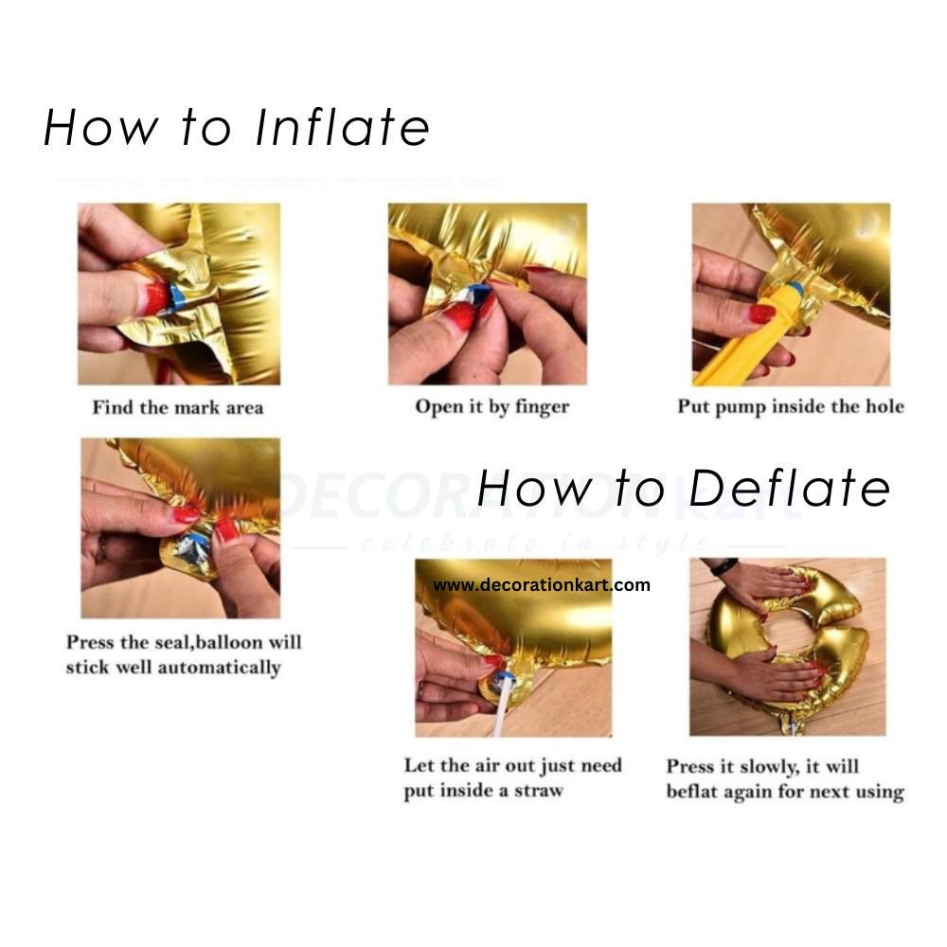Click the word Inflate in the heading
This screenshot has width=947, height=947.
tap(343, 128)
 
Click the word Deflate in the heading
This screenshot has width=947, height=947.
tap(790, 487)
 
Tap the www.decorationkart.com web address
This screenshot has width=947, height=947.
tap(542, 584)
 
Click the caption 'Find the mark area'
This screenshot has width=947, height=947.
tap(178, 407)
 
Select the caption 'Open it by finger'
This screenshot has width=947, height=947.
tap(492, 407)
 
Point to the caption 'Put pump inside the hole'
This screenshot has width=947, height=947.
tap(791, 406)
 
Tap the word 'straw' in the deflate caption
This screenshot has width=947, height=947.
tap(539, 791)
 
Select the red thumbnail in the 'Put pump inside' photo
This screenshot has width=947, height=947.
tap(762, 313)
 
